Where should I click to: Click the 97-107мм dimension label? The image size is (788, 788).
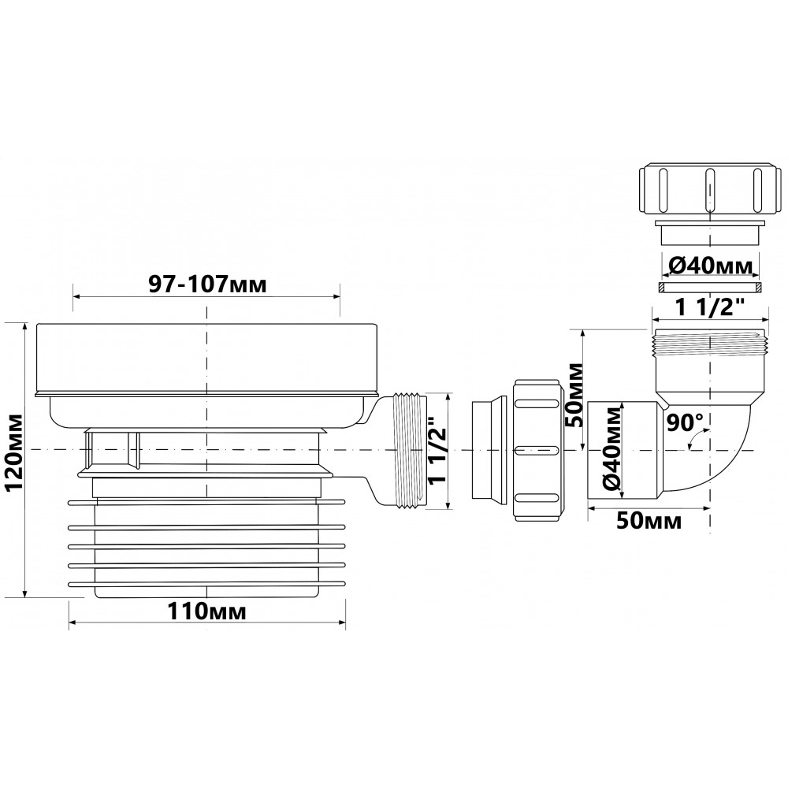tap(207, 285)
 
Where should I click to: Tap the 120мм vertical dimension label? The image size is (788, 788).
tap(13, 452)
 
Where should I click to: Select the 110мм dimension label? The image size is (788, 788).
tap(206, 611)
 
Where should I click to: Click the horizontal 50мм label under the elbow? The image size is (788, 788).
tap(649, 521)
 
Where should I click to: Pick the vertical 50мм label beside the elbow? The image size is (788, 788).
tap(575, 395)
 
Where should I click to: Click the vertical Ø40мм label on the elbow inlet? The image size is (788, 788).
tap(612, 450)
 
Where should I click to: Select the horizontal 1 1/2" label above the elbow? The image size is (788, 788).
tap(710, 307)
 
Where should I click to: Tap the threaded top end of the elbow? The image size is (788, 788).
tap(710, 343)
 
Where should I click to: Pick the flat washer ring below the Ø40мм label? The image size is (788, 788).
tap(710, 288)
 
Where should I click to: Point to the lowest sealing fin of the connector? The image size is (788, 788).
tap(206, 583)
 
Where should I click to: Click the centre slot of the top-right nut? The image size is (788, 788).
tap(710, 191)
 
